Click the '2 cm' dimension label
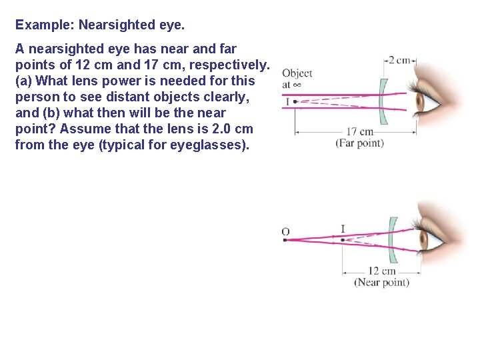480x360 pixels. click(x=400, y=61)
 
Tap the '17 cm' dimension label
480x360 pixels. click(x=360, y=132)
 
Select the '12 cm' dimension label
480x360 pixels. click(x=381, y=271)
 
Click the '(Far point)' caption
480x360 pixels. click(x=360, y=143)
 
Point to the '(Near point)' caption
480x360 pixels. click(x=381, y=282)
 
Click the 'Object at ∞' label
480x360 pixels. click(x=297, y=79)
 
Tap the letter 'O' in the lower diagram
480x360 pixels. click(x=285, y=231)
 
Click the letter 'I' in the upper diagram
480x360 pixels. click(x=287, y=102)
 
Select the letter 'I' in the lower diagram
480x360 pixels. click(x=343, y=229)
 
